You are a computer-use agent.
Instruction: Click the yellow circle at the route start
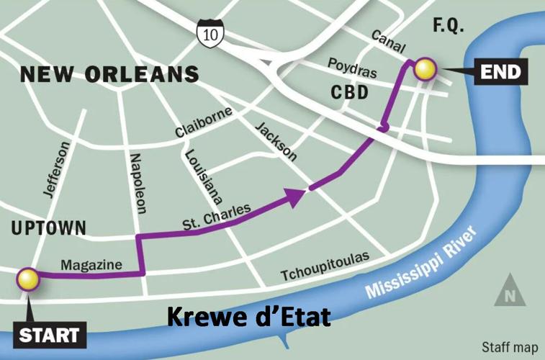click(28, 279)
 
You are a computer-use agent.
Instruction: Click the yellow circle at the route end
click(425, 69)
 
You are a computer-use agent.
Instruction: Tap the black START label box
click(49, 336)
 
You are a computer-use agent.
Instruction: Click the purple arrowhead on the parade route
click(296, 196)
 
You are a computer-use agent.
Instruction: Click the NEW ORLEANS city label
click(109, 74)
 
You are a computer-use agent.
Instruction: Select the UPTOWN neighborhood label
click(48, 228)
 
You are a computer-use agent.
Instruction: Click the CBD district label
click(349, 93)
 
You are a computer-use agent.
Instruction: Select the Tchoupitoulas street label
click(325, 267)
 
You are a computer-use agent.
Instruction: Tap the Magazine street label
click(91, 266)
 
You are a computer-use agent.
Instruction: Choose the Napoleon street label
click(138, 183)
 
